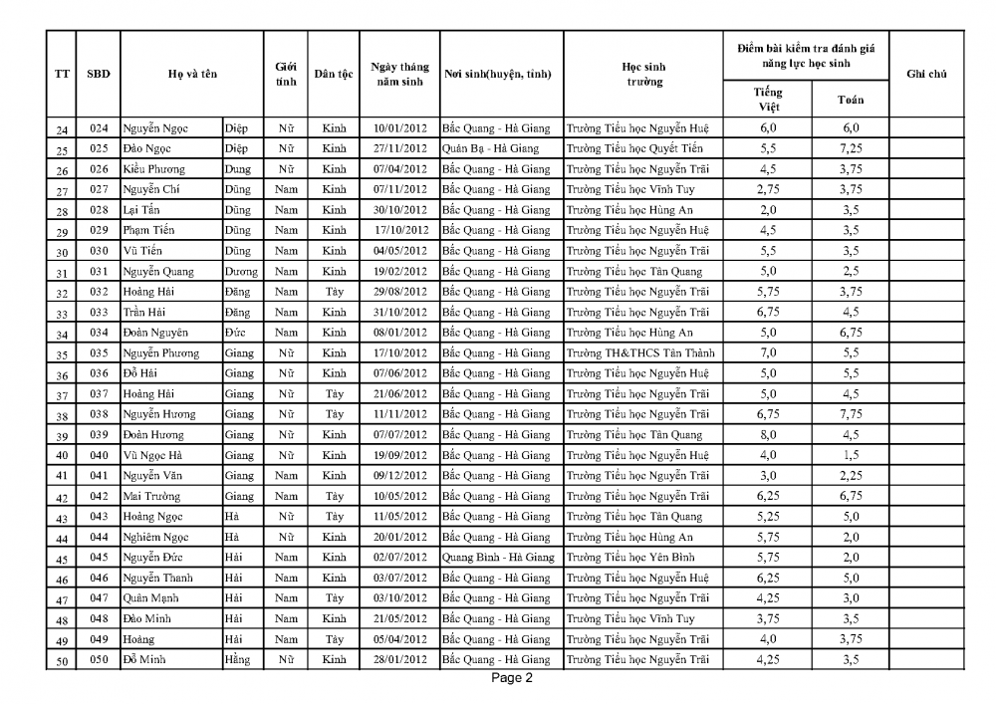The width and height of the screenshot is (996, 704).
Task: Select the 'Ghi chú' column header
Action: coord(926,74)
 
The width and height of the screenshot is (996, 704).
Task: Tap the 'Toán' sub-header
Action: coord(850,99)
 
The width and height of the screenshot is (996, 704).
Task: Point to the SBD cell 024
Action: coord(98,127)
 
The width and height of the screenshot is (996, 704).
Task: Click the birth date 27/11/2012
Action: coord(399,148)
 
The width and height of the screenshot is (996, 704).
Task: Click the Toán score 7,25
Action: coord(850,148)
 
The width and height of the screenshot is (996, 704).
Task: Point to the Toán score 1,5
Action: coord(850,455)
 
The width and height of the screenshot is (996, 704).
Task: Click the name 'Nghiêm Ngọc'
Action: coord(156,537)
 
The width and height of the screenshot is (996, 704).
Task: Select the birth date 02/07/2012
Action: coord(399,557)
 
